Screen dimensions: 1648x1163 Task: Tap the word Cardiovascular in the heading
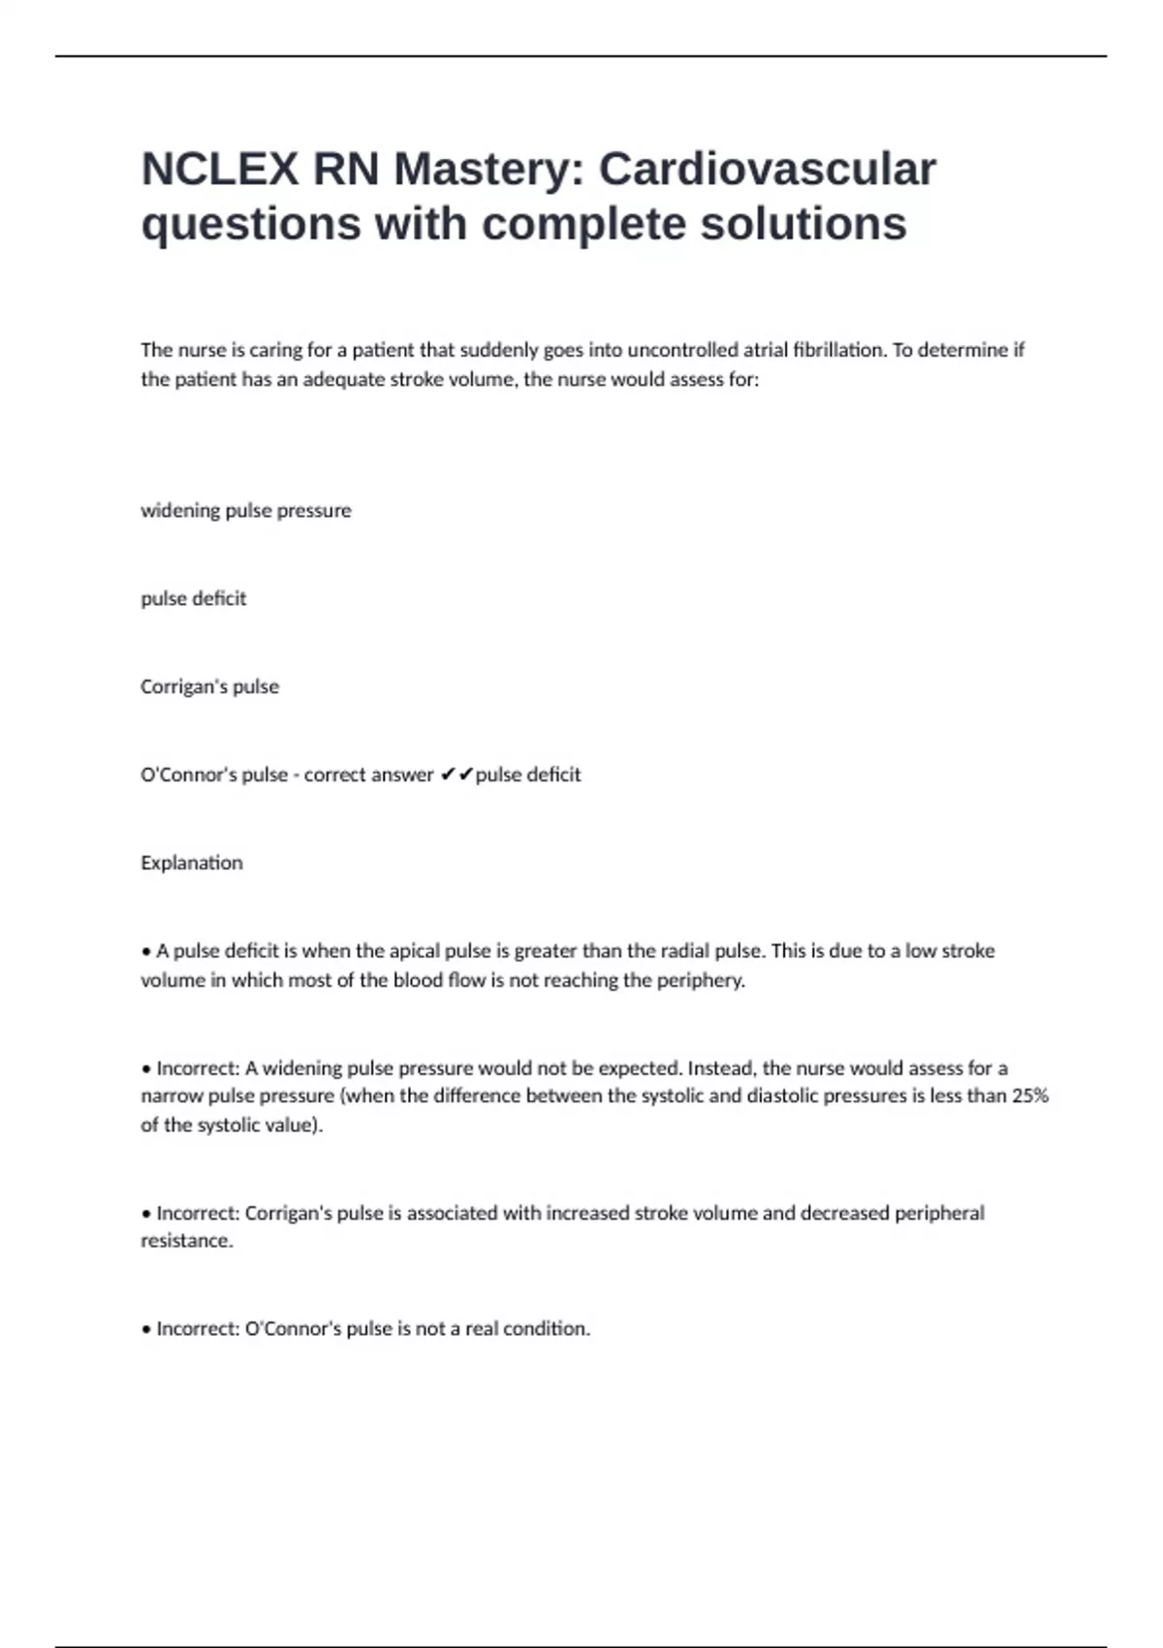click(767, 170)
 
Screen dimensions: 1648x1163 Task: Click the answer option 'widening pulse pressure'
click(245, 511)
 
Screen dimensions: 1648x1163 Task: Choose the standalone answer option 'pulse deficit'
click(193, 599)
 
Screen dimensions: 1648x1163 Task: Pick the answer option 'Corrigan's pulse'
click(209, 687)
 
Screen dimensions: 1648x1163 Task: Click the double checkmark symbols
click(456, 775)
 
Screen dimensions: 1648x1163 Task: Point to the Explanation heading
click(191, 863)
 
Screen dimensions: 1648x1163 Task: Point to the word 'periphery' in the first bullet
click(700, 980)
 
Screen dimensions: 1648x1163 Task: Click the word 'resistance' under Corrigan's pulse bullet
click(186, 1241)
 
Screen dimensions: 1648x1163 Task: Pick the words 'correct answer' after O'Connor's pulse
click(368, 775)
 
